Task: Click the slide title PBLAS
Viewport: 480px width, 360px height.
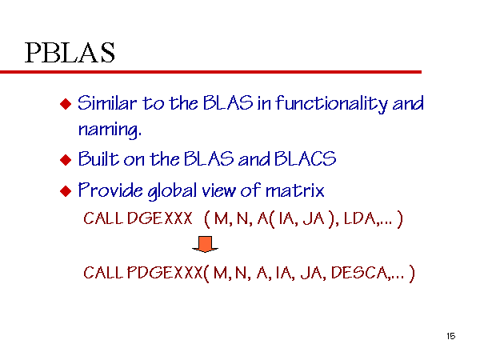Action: (70, 53)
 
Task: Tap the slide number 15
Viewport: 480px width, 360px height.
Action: (450, 336)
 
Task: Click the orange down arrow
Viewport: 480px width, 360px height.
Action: (205, 244)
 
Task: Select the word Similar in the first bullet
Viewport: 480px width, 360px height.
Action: (107, 103)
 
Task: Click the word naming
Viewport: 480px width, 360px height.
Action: (110, 130)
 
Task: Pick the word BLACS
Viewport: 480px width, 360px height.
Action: (305, 158)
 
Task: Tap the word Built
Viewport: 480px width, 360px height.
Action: (98, 158)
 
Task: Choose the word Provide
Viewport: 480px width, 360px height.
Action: (110, 190)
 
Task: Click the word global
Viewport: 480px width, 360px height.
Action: (172, 191)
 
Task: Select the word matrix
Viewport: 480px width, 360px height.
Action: (294, 190)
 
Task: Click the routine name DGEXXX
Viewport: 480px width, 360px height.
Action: (159, 218)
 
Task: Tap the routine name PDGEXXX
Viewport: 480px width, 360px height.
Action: (164, 272)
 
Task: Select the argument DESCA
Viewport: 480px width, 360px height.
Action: (359, 272)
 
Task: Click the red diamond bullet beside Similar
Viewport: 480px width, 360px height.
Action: (66, 104)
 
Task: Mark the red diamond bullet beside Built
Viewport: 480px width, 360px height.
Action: (66, 160)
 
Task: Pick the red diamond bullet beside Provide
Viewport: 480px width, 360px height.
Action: (66, 191)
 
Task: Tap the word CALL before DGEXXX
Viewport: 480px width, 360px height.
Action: (103, 218)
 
